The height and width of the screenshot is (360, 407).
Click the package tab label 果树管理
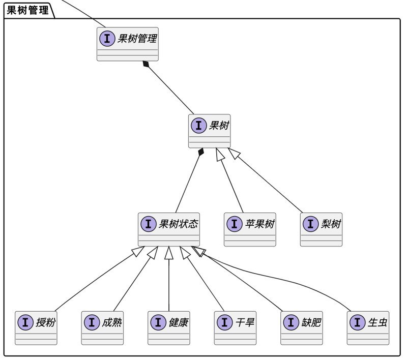[27, 10]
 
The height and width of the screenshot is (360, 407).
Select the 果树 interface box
[209, 131]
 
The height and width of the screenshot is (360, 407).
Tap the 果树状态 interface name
[179, 224]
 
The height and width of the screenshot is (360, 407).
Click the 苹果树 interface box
[250, 229]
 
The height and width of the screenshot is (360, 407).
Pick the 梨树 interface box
[321, 229]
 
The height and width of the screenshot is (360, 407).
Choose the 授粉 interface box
[36, 328]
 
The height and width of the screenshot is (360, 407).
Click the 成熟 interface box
[102, 328]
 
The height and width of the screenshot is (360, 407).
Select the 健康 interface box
[169, 328]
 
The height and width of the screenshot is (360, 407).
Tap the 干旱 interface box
[235, 328]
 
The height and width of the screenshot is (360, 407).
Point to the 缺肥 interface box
[302, 328]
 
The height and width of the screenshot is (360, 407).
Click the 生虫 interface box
[368, 328]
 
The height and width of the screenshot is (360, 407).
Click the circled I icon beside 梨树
[311, 224]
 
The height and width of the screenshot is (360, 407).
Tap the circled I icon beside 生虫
[358, 322]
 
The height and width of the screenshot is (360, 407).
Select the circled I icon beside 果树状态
[149, 224]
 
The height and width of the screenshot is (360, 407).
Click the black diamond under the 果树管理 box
[146, 64]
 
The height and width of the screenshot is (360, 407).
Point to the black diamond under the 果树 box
[200, 152]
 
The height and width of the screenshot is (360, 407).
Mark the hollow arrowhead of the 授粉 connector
[138, 251]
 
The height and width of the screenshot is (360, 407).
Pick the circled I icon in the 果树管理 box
[107, 38]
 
